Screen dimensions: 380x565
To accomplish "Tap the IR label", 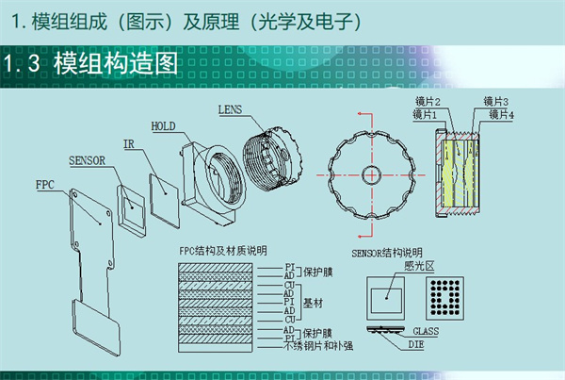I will tap(134, 143).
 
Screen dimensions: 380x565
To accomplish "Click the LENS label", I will tap(232, 109).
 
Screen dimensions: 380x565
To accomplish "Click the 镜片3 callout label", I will tap(495, 102).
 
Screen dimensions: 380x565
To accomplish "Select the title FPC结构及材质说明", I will tap(222, 251).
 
